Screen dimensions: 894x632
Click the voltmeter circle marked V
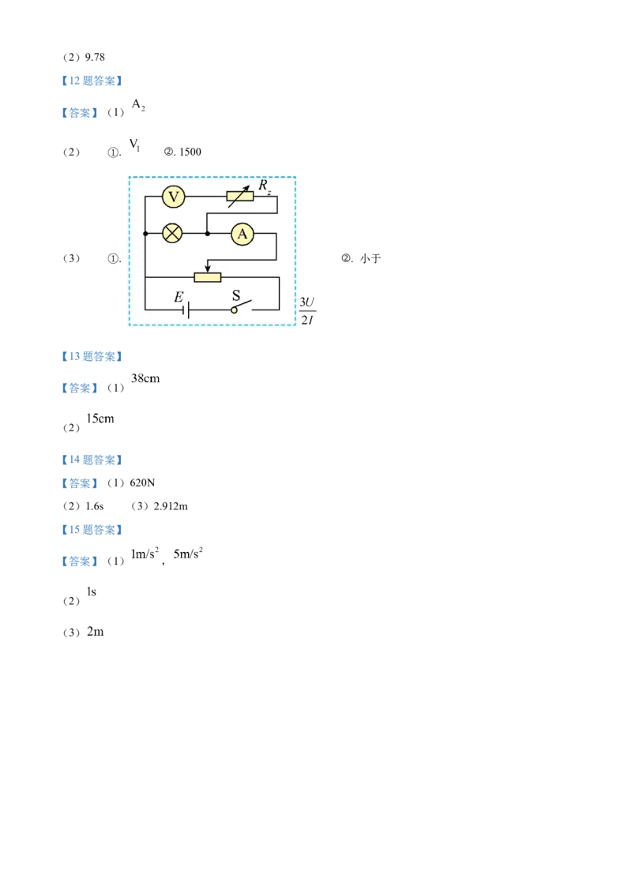pyautogui.click(x=173, y=197)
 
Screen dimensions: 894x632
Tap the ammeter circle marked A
pyautogui.click(x=242, y=234)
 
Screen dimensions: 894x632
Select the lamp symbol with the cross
pyautogui.click(x=172, y=234)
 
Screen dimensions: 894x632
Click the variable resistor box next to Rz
pyautogui.click(x=240, y=197)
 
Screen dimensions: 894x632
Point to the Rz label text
pyautogui.click(x=265, y=187)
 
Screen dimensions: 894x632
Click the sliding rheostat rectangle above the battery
pyautogui.click(x=208, y=277)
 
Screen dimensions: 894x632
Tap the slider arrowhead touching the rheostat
pyautogui.click(x=208, y=269)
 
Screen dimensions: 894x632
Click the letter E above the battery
pyautogui.click(x=179, y=298)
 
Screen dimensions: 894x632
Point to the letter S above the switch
pyautogui.click(x=235, y=297)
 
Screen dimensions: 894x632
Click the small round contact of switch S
pyautogui.click(x=234, y=310)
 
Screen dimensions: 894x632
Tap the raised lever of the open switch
pyautogui.click(x=245, y=305)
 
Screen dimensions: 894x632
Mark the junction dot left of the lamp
pyautogui.click(x=145, y=234)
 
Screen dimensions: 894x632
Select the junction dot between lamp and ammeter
pyautogui.click(x=207, y=234)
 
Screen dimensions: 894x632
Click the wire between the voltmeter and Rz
pyautogui.click(x=205, y=197)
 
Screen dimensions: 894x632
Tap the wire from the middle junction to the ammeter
pyautogui.click(x=219, y=234)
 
